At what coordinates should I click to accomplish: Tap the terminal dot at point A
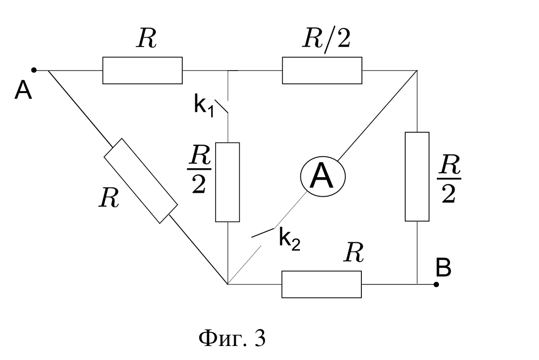coord(34,70)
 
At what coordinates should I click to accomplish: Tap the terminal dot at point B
coord(436,284)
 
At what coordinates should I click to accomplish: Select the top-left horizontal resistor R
coord(142,71)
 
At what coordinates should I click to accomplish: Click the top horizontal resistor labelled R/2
coord(322,71)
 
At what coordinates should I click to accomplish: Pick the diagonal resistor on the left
coord(141,181)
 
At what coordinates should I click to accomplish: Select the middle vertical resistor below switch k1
coord(228,182)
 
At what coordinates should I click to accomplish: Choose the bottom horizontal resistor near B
coord(321,284)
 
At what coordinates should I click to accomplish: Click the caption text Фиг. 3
coord(232,338)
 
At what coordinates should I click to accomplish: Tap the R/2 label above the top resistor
coord(327,40)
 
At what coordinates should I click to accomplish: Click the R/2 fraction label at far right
coord(449,179)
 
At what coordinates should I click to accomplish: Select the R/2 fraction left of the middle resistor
coord(199,169)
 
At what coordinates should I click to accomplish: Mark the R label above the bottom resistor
coord(353,253)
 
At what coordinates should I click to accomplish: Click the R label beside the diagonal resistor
coord(109,198)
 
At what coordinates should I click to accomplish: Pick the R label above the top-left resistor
coord(147,38)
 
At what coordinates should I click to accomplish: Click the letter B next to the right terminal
coord(443,268)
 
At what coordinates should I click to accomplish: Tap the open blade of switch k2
coord(263,233)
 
